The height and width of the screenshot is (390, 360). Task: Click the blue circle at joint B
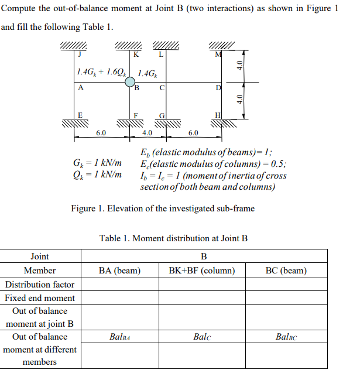[x=130, y=82]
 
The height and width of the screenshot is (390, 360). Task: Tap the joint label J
[x=80, y=54]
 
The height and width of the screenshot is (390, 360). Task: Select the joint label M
[x=218, y=54]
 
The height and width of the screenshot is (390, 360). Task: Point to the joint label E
[x=80, y=115]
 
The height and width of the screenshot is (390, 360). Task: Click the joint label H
[x=218, y=115]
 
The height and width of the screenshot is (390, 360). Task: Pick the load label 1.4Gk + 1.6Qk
[x=101, y=72]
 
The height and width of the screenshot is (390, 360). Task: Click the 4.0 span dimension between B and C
[x=147, y=133]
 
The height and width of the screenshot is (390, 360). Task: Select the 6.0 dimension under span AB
[x=101, y=133]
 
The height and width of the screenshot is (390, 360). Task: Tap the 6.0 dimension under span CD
[x=193, y=133]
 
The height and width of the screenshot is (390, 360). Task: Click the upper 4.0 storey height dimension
[x=239, y=66]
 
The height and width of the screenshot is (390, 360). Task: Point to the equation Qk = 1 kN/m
[x=97, y=175]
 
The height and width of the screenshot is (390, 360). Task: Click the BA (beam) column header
[x=119, y=271]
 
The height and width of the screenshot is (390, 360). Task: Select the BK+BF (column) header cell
[x=202, y=271]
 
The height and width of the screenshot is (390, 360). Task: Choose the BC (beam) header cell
[x=286, y=271]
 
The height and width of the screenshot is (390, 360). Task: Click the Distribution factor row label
[x=40, y=284]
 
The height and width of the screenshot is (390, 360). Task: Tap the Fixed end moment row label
[x=40, y=297]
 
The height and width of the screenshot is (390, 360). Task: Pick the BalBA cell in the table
[x=120, y=337]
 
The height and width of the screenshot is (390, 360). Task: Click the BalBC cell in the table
[x=286, y=337]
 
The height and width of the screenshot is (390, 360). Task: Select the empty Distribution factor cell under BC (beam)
[x=286, y=284]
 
